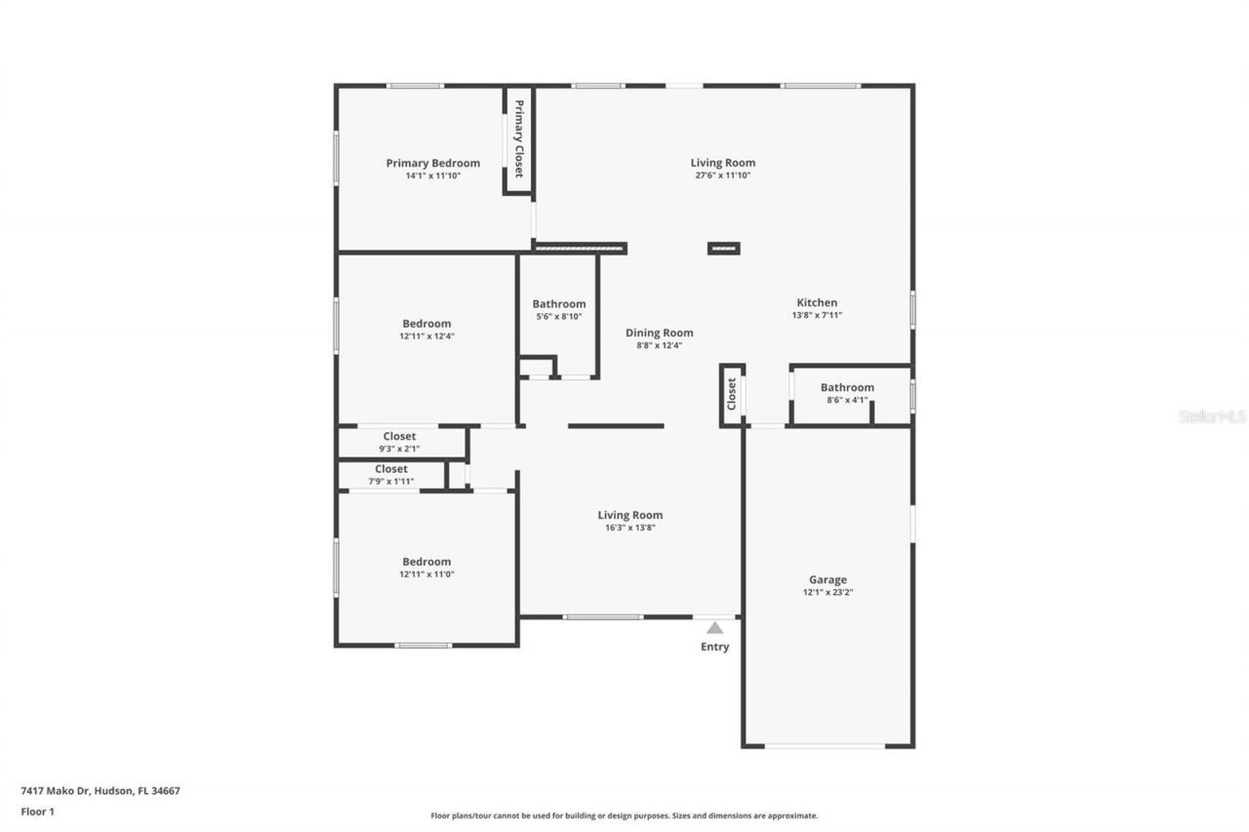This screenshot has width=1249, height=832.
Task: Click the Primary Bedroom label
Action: tap(432, 163)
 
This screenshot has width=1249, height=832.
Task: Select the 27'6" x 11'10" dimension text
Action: tap(722, 176)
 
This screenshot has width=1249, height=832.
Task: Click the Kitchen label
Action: tap(817, 302)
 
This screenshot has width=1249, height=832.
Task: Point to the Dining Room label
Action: tap(660, 333)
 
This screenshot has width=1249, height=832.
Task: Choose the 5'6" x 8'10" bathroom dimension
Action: tap(558, 316)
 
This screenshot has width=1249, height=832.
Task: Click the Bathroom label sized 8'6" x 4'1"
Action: tap(847, 387)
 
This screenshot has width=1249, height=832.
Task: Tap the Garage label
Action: tap(827, 579)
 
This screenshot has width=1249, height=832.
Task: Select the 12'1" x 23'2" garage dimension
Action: tap(827, 592)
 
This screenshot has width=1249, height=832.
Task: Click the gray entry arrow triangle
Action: tap(715, 628)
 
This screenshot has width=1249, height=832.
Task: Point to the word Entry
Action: tap(715, 647)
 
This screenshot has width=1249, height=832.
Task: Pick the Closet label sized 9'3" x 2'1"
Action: tap(399, 436)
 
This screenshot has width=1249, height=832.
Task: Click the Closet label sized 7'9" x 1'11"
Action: tap(391, 469)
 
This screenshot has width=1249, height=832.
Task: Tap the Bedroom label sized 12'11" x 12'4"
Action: tap(426, 324)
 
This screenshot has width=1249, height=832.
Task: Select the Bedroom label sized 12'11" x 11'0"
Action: tap(426, 562)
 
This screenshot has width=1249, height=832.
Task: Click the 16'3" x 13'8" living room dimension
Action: tap(629, 528)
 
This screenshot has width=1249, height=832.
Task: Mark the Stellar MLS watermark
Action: tap(1212, 416)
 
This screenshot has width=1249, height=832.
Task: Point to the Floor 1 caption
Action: tap(37, 811)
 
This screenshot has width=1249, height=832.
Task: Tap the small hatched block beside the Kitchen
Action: tap(723, 249)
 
